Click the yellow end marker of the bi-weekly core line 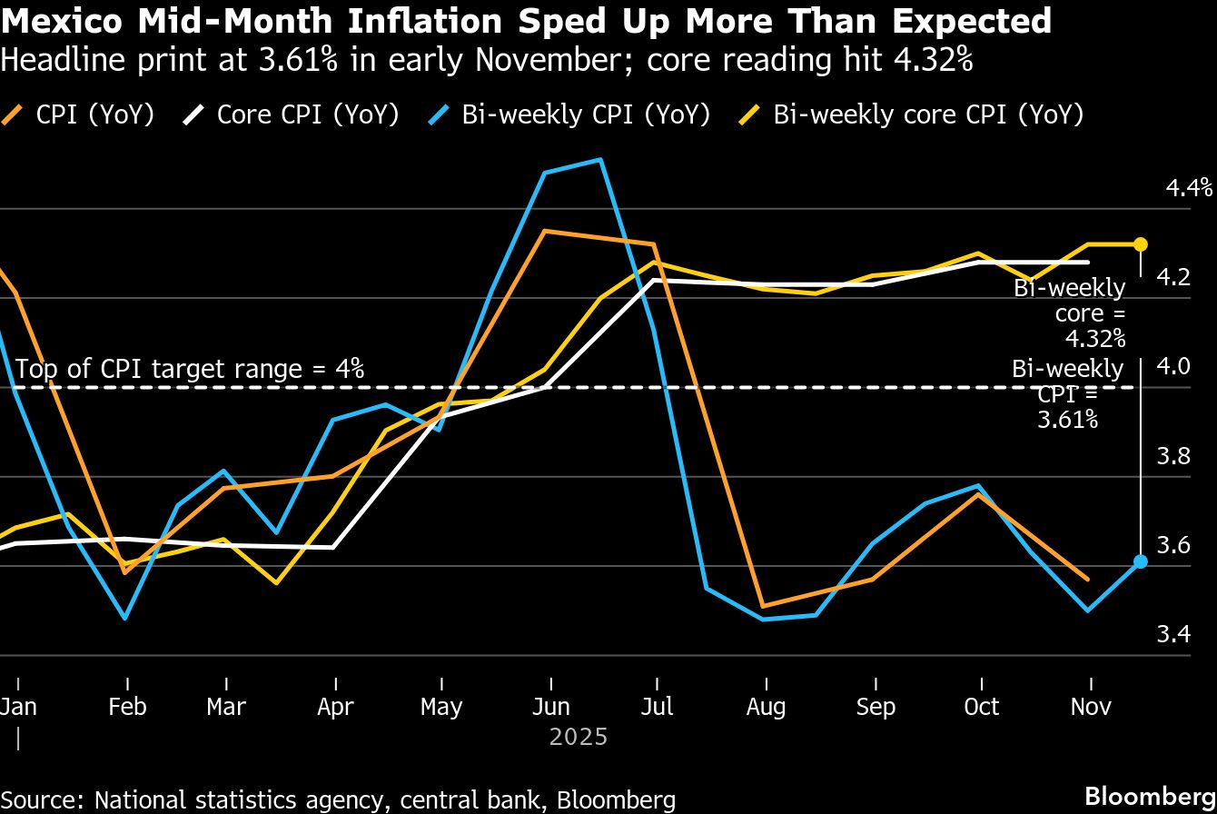coord(1141,244)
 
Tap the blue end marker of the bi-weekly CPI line coord(1141,561)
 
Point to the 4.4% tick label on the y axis coord(1189,188)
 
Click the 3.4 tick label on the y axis coord(1172,633)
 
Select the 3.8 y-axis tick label coord(1172,455)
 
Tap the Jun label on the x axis coord(550,707)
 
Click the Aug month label coord(767,707)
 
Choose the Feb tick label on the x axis coord(127,707)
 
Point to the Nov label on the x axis coord(1091,707)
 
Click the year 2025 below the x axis coord(578,736)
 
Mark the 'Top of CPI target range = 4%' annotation coord(190,369)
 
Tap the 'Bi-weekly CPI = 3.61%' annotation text coord(1067,393)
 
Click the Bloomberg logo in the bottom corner coord(1151,795)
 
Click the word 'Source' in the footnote coord(42,799)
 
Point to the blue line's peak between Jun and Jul coord(599,160)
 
